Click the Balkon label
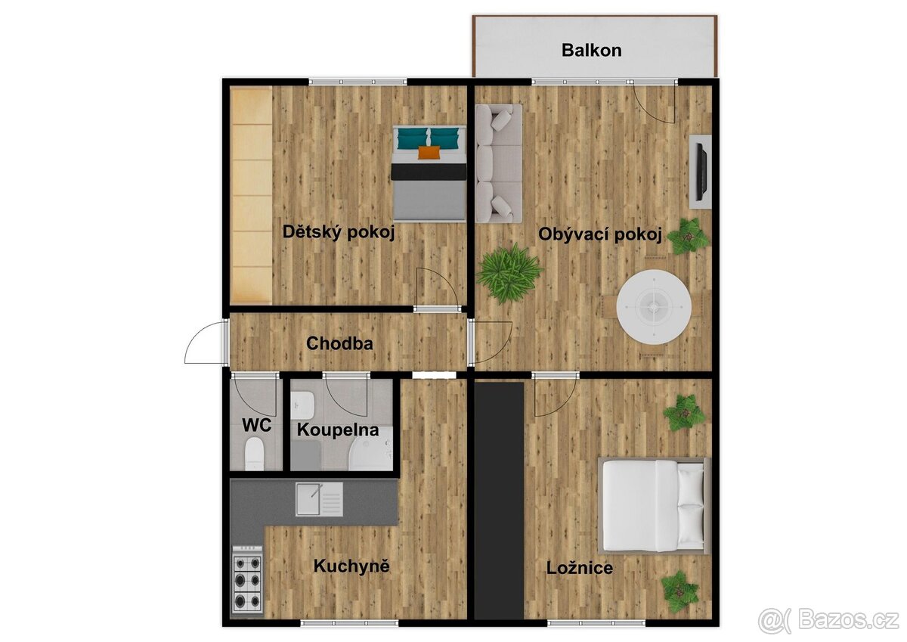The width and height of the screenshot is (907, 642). [591, 51]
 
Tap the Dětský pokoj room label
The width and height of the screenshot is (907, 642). [339, 232]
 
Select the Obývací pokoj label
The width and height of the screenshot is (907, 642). [600, 234]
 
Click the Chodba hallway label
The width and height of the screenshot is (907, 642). [339, 343]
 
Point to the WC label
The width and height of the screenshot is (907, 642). [256, 424]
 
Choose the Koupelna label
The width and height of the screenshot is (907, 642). [337, 430]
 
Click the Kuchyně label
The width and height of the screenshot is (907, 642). [351, 566]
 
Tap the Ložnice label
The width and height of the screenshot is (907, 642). [580, 568]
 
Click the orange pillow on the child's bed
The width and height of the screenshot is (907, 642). [429, 153]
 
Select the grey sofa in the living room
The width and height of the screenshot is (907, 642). [499, 163]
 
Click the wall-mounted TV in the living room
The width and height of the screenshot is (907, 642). [701, 171]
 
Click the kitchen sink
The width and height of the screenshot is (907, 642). [318, 499]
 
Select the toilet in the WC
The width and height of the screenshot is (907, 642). [255, 454]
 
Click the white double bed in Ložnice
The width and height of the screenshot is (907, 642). [655, 505]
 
